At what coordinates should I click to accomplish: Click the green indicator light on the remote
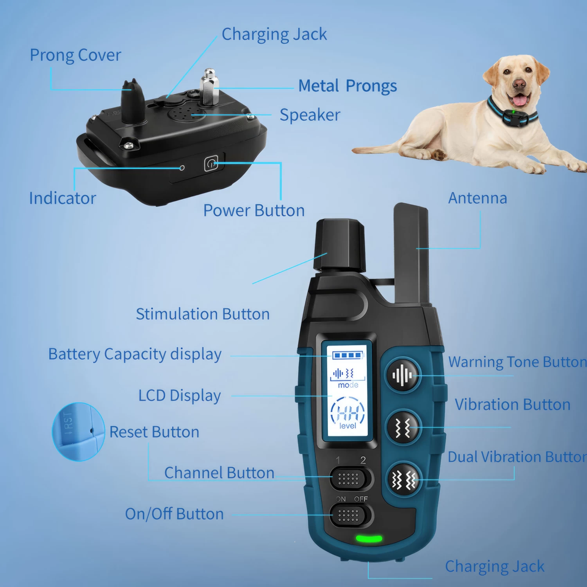click(x=369, y=539)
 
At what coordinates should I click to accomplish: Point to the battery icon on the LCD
click(x=348, y=355)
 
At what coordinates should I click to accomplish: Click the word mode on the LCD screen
click(x=348, y=385)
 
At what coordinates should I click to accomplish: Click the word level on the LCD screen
click(x=348, y=426)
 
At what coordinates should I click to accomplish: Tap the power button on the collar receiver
click(x=211, y=164)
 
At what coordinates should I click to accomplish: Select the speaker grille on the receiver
click(x=187, y=113)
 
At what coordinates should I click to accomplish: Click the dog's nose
click(x=519, y=84)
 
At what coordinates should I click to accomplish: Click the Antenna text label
click(x=477, y=198)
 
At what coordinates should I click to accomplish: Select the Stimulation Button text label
click(x=203, y=314)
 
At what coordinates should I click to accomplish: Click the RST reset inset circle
click(x=78, y=432)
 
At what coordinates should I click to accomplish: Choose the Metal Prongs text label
click(x=348, y=86)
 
